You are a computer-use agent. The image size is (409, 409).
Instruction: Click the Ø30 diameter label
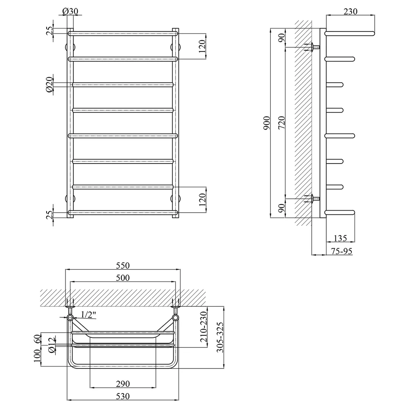pos(70,11)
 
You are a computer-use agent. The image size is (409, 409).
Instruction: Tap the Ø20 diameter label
pos(49,85)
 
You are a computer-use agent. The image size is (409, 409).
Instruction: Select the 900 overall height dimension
pos(267,123)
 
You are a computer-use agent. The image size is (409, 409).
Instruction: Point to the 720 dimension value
pos(282,123)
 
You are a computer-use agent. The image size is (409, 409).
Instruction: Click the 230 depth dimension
pos(351,11)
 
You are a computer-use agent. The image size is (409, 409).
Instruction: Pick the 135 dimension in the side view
pos(340,238)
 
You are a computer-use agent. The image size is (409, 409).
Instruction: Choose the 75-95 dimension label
pos(342,251)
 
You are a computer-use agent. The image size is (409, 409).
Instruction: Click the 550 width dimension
pos(123,265)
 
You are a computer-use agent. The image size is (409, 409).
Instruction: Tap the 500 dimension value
pos(123,278)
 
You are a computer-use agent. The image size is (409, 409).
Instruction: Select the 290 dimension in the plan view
pos(123,384)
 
